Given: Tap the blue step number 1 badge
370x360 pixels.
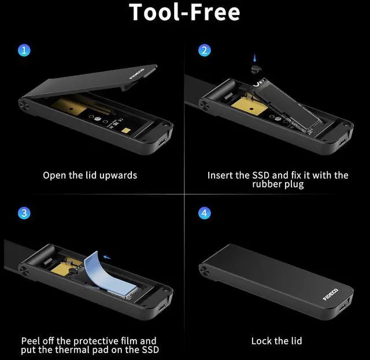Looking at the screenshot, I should [24, 50].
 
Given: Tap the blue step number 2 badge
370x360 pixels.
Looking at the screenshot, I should [204, 50].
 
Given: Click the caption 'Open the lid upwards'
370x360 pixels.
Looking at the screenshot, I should [90, 175].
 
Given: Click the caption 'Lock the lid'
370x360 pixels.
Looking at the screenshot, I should [276, 341].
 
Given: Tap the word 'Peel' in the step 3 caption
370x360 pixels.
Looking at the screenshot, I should [32, 341].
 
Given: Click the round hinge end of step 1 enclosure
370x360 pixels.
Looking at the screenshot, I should [26, 105].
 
